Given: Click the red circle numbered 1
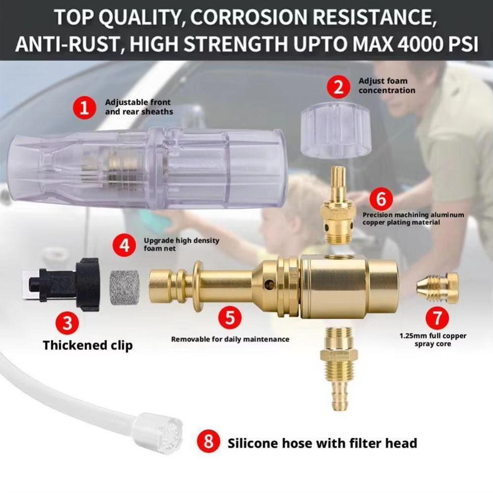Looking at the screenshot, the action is tap(85, 108).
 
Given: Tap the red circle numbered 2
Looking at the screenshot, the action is tap(338, 87).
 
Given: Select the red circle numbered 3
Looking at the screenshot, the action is tap(67, 322).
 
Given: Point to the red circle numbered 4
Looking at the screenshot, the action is tap(125, 245).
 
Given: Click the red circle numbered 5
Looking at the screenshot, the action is tap(230, 317).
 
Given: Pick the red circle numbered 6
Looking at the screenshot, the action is tap(381, 199).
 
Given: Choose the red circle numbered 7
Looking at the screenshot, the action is tap(437, 317).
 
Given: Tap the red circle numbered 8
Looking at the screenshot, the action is tap(208, 441).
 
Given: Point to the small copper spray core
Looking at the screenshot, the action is tap(438, 288).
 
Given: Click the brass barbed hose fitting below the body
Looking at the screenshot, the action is tap(337, 368).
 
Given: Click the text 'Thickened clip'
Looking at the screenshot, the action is tap(88, 346).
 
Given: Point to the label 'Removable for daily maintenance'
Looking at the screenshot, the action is tap(230, 339).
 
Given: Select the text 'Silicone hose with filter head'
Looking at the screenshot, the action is tap(322, 443).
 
